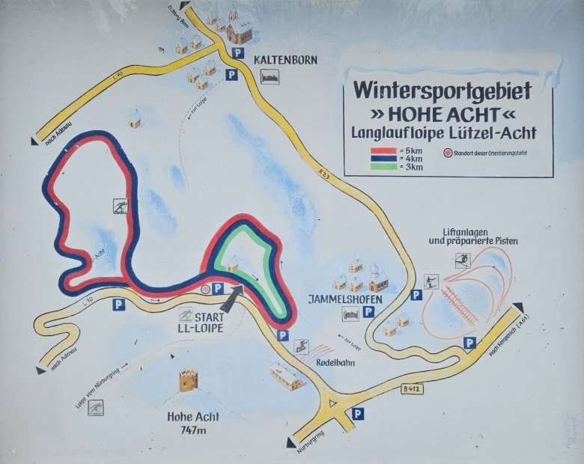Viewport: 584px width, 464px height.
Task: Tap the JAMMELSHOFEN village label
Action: pos(345,299)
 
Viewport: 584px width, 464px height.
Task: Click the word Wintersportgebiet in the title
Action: pos(442,91)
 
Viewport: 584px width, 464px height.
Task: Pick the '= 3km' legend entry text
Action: pos(411,167)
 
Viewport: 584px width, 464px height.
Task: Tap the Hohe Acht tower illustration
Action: pos(187,380)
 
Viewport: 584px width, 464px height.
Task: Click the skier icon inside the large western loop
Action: pos(119,207)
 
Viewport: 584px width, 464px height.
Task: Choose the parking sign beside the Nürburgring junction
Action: pos(359,412)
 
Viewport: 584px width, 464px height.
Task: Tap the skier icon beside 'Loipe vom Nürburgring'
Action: pos(95,407)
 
